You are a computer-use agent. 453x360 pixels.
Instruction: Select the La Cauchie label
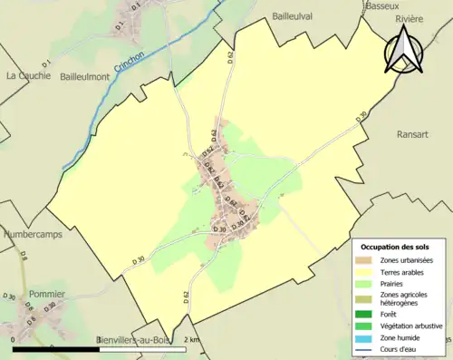(x=28, y=76)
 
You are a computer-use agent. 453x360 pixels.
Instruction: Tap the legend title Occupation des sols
(x=395, y=247)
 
